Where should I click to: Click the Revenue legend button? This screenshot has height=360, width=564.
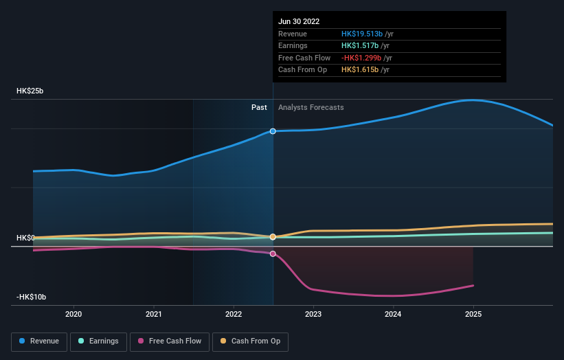click(39, 341)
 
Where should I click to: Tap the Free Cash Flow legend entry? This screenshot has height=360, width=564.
click(169, 341)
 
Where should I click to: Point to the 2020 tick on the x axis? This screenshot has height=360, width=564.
click(74, 314)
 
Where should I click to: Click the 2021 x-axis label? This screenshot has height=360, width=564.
click(154, 314)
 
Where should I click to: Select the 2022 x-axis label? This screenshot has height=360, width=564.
click(234, 314)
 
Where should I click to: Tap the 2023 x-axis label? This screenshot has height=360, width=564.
click(313, 314)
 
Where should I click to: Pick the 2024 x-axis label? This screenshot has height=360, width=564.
click(393, 314)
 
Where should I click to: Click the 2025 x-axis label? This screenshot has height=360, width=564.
click(473, 314)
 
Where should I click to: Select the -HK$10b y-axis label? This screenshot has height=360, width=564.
click(32, 297)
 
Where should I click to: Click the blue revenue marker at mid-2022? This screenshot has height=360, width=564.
click(273, 131)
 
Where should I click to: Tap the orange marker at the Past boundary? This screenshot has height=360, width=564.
click(273, 236)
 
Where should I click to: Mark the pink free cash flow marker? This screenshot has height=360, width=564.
click(273, 254)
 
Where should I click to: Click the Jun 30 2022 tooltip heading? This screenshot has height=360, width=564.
click(299, 22)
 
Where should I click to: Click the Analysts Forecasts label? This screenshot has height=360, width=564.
click(311, 107)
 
